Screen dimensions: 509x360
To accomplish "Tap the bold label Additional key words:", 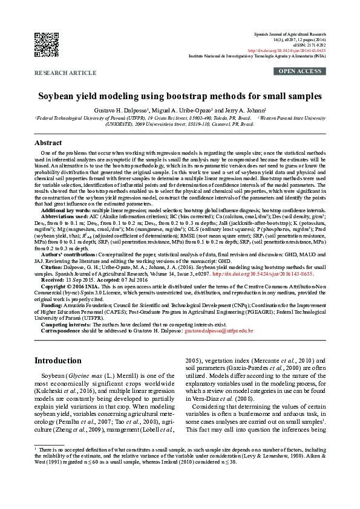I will tap(66, 209).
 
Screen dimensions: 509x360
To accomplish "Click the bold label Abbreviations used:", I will tap(65, 215).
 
